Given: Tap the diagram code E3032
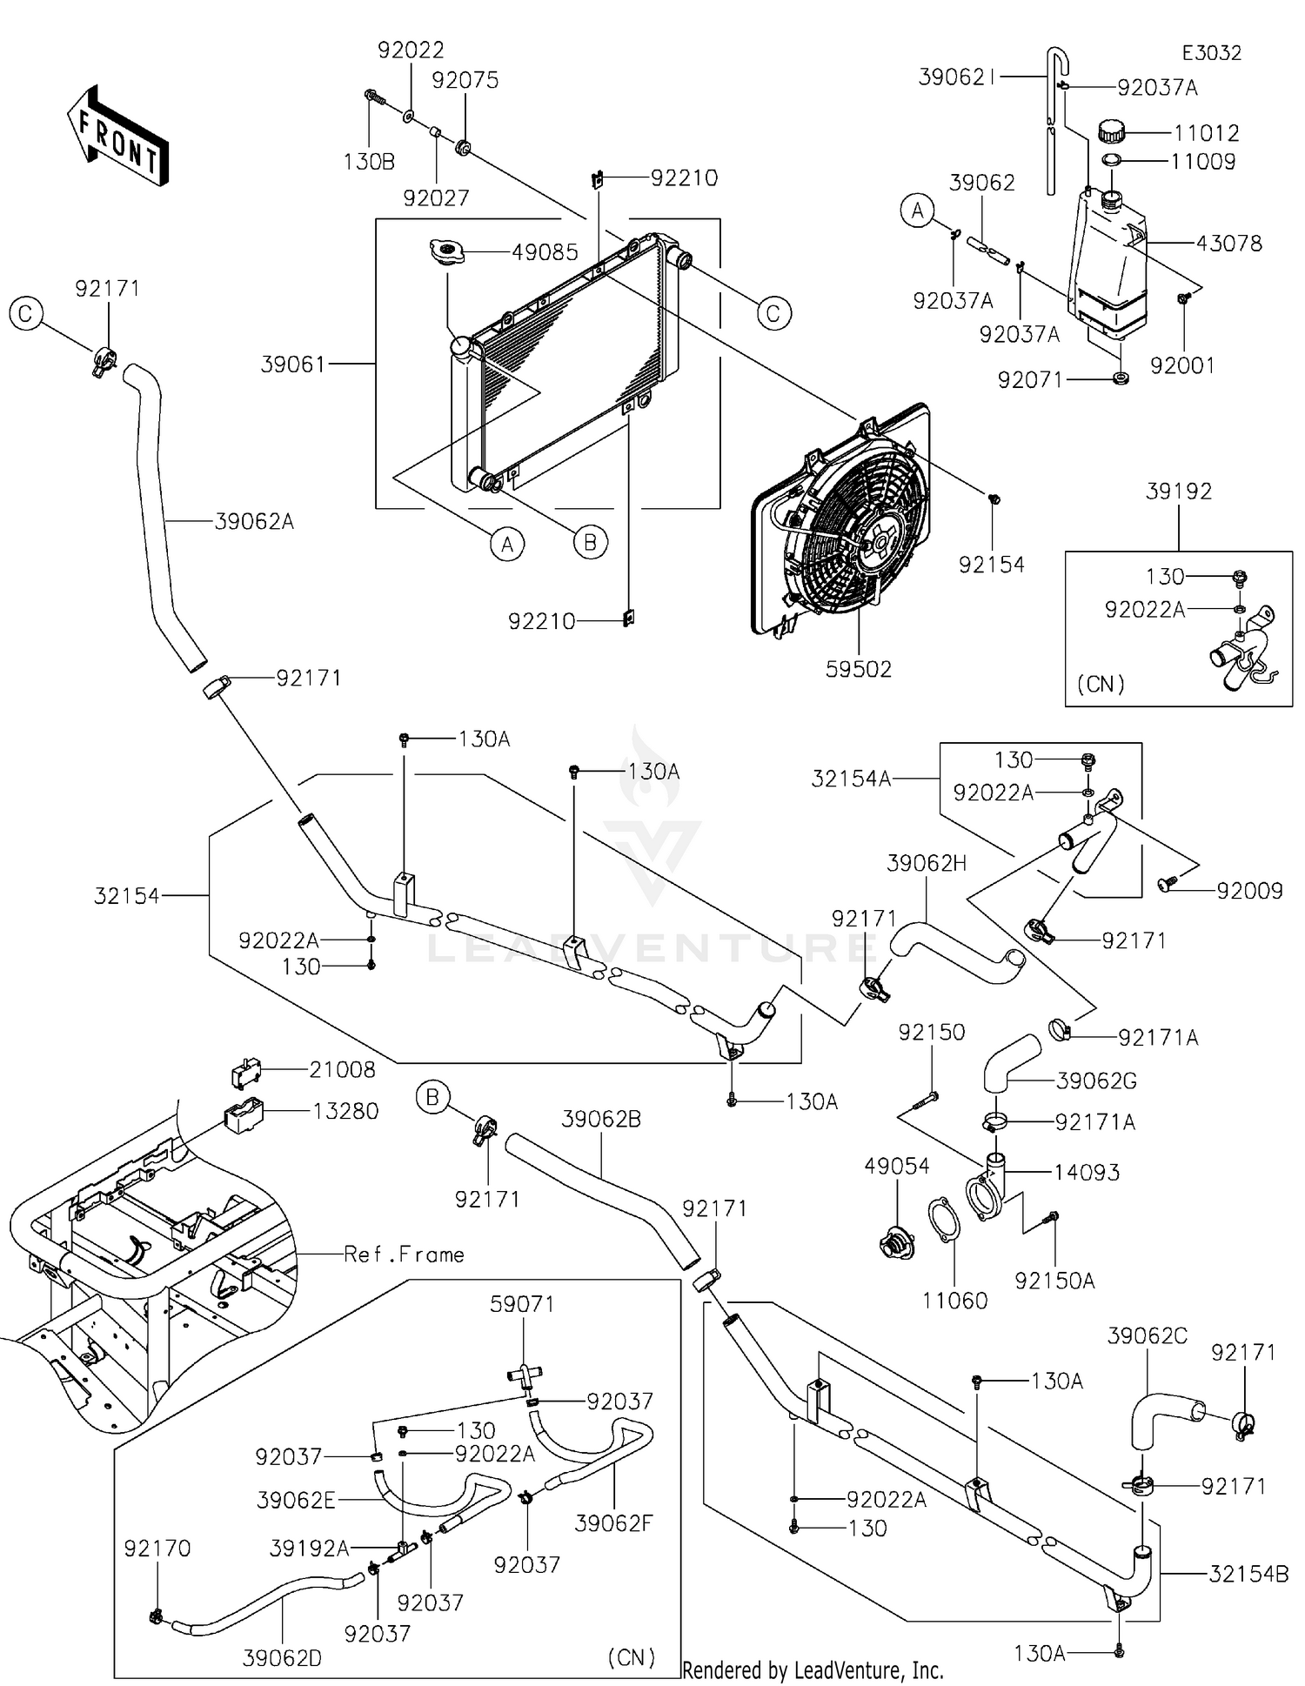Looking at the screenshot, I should click(1211, 53).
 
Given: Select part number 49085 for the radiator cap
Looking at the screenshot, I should click(545, 253).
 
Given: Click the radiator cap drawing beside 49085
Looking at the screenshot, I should click(446, 251).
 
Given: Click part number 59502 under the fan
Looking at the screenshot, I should click(859, 669).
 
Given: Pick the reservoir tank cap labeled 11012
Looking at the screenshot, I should click(1111, 133).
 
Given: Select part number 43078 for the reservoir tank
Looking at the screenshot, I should click(1228, 244).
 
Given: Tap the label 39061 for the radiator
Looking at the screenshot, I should click(293, 364).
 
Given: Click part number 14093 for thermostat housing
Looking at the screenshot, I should click(1087, 1172).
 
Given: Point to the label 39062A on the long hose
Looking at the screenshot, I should click(254, 522).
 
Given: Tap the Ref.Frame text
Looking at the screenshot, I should click(404, 1254).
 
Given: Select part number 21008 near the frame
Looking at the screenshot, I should click(343, 1069).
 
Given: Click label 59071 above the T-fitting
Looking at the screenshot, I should click(522, 1303).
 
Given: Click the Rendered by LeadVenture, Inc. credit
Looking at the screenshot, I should click(813, 1670).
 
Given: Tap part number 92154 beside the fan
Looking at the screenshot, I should click(991, 565).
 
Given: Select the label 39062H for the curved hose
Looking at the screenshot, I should click(927, 863).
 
